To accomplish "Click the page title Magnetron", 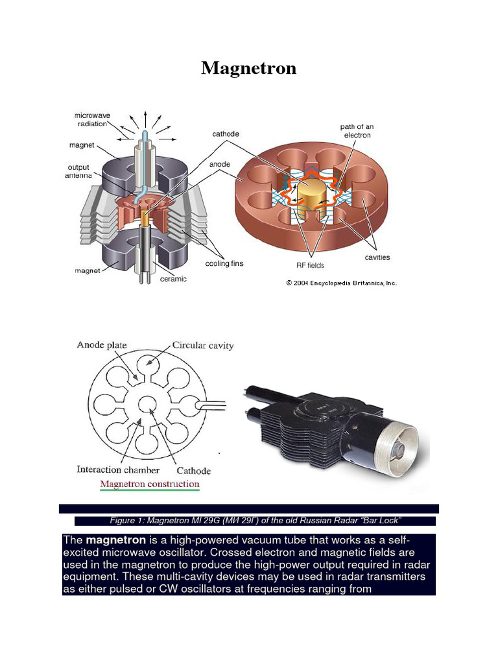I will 248,68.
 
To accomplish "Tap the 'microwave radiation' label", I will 93,120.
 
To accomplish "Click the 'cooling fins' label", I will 224,264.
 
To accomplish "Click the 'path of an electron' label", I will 356,130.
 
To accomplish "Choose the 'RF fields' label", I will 310,265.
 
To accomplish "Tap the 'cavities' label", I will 377,257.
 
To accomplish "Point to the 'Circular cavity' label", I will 203,346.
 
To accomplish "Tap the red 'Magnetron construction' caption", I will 150,484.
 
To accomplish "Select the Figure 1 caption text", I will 256,521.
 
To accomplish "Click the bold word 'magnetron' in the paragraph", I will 115,540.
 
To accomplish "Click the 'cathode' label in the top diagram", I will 226,134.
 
